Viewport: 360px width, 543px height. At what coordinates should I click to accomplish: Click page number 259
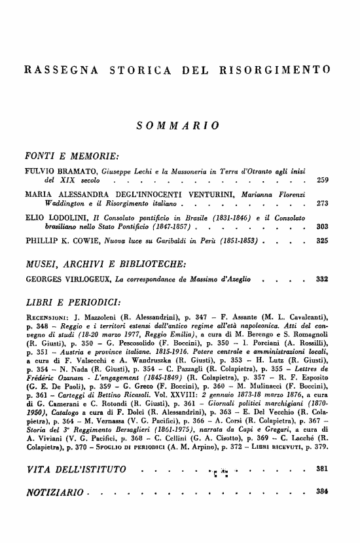pos(322,179)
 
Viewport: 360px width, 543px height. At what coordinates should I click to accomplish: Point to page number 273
pos(322,203)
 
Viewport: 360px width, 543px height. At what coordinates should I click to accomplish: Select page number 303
pos(322,227)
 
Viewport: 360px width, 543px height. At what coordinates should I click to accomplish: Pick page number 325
pos(322,241)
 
